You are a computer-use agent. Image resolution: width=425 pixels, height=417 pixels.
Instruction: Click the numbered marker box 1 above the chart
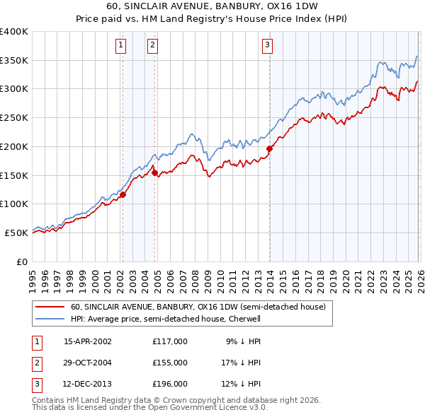[121, 45]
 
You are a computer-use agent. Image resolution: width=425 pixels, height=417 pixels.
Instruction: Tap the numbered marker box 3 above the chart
[268, 45]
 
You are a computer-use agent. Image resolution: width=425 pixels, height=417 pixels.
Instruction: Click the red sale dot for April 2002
[123, 194]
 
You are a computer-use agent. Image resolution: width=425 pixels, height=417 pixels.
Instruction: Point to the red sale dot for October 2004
[154, 172]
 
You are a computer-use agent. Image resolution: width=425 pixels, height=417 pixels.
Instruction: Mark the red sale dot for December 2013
[269, 148]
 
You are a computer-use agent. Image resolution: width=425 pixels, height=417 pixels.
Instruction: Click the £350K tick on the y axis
[14, 60]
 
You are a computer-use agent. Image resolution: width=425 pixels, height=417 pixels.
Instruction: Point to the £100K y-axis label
[14, 204]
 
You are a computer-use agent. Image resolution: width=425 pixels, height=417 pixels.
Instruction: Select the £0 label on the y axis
[21, 262]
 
